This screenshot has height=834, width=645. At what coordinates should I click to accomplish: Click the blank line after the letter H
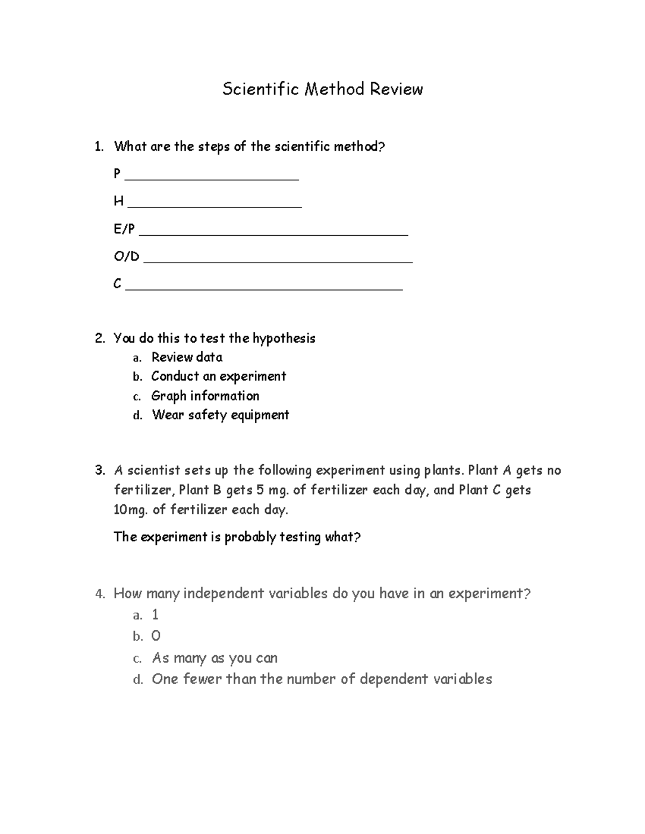coord(215,205)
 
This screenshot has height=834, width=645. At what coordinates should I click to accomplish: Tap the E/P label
coord(124,229)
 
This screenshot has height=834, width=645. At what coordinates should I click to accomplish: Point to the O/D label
coord(126,257)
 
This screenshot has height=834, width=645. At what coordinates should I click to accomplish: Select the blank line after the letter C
coord(263,288)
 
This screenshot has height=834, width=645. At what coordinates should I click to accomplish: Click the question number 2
coord(99,338)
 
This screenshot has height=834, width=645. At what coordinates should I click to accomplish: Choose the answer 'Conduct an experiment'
coord(218,376)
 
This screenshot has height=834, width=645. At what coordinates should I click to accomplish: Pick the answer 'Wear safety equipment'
coord(220,415)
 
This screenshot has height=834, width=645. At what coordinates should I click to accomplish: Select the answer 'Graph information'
coord(205,396)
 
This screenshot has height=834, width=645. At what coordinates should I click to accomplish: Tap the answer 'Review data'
coord(187,357)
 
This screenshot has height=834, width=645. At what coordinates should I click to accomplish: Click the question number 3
coord(99,470)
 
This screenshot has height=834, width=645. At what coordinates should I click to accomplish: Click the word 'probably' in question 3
coord(250,537)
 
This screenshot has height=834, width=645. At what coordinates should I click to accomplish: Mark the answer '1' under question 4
coord(155,615)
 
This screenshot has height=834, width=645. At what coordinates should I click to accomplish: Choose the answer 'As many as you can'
coord(214,658)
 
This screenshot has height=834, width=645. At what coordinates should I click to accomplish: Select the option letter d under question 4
coord(138,680)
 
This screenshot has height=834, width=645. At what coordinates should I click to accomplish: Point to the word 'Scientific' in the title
coord(261,89)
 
